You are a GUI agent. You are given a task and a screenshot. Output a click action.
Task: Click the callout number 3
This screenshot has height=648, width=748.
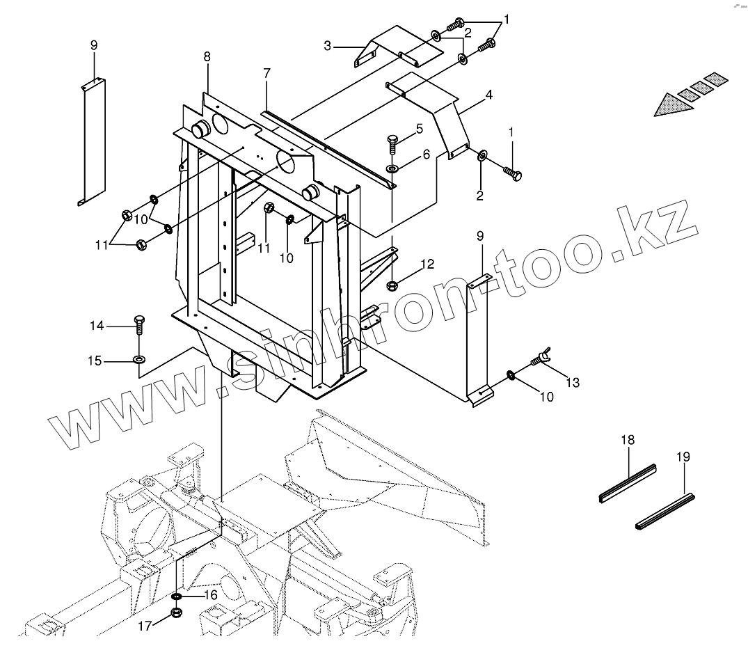coord(327,47)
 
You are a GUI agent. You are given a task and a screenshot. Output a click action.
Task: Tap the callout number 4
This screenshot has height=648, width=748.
coord(489,94)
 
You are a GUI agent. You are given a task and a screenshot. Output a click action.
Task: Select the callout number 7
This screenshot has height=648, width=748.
coord(266,73)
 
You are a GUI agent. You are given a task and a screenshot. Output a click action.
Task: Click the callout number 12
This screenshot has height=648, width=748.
coord(427,264)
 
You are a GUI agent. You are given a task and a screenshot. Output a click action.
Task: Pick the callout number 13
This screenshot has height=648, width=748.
coord(572,382)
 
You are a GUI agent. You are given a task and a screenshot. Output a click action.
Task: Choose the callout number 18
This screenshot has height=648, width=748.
coord(628,439)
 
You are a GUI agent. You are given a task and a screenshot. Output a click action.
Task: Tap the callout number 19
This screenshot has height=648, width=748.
coord(683,457)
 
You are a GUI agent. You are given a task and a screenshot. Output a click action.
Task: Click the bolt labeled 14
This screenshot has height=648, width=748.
coord(139,324)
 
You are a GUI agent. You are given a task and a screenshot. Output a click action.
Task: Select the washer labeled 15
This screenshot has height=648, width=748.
coord(139,360)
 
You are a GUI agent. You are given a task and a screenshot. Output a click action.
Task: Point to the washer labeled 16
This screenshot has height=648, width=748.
coord(177,596)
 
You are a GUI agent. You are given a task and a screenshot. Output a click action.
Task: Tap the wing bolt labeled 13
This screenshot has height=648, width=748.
coord(541,359)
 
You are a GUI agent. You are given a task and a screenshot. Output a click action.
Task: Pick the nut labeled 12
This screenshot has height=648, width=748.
coord(392,283)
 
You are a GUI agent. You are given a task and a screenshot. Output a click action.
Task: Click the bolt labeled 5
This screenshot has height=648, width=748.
coord(392,145)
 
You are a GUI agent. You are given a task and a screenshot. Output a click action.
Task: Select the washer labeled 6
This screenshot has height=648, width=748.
coord(392,168)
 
